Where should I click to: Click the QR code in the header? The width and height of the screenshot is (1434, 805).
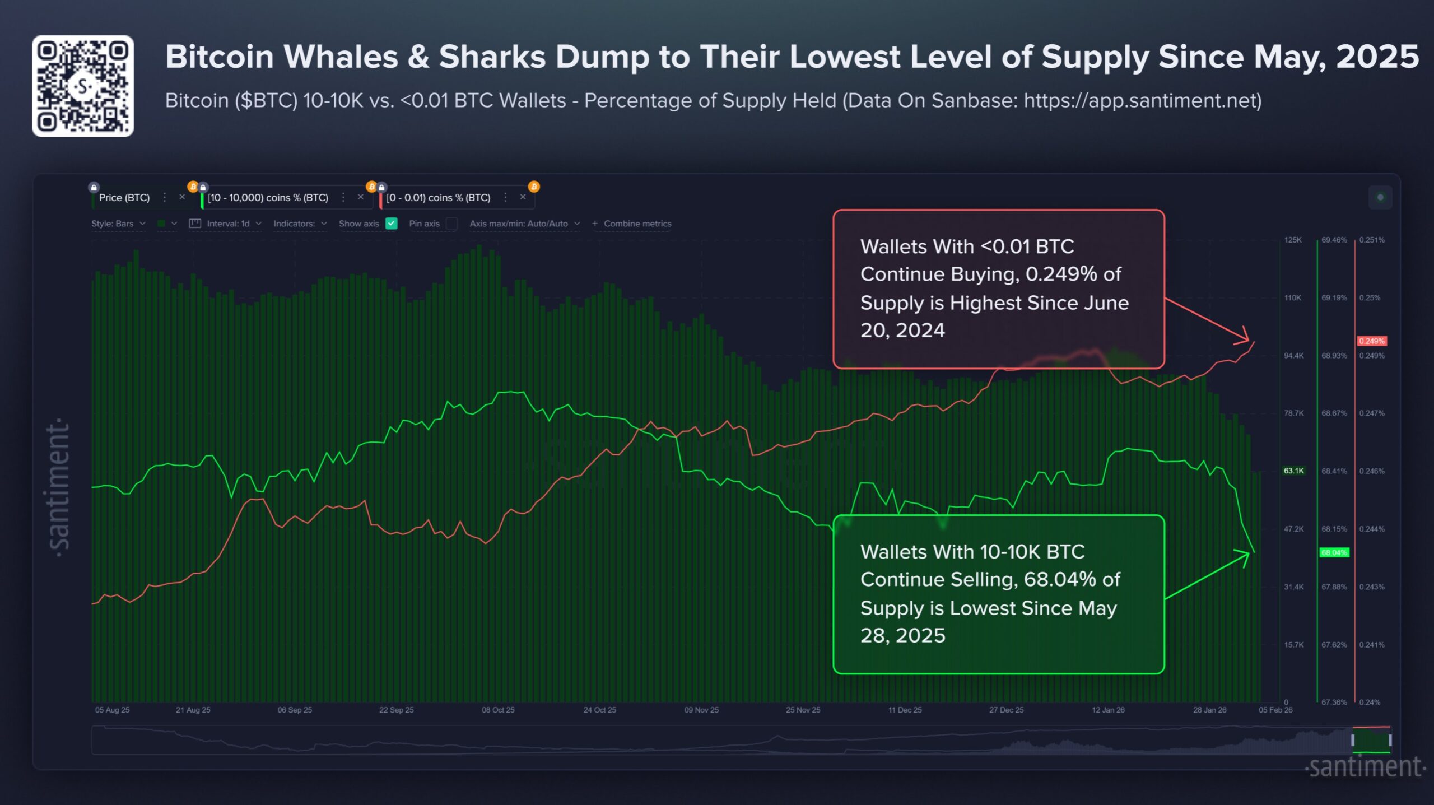83,86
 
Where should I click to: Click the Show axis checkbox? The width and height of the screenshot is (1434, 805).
392,224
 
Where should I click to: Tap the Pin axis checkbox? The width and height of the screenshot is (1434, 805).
451,224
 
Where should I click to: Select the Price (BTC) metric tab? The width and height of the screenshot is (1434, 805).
124,198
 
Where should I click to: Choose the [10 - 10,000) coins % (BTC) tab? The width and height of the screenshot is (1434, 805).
268,198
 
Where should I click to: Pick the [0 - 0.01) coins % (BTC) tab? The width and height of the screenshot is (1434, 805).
438,198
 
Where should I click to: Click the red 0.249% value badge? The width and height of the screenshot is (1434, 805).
1371,341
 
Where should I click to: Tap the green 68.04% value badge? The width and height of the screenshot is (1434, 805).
1334,553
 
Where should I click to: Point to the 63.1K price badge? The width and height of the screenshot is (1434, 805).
1293,471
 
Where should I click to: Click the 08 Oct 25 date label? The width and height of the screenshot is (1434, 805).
498,710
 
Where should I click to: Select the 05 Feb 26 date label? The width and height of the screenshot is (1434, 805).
1275,710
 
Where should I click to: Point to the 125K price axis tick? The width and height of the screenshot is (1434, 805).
1293,240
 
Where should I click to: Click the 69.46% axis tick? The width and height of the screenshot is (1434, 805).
1334,240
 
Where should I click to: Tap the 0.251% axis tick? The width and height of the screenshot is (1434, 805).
1371,240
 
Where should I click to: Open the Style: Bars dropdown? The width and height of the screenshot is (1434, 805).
118,224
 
